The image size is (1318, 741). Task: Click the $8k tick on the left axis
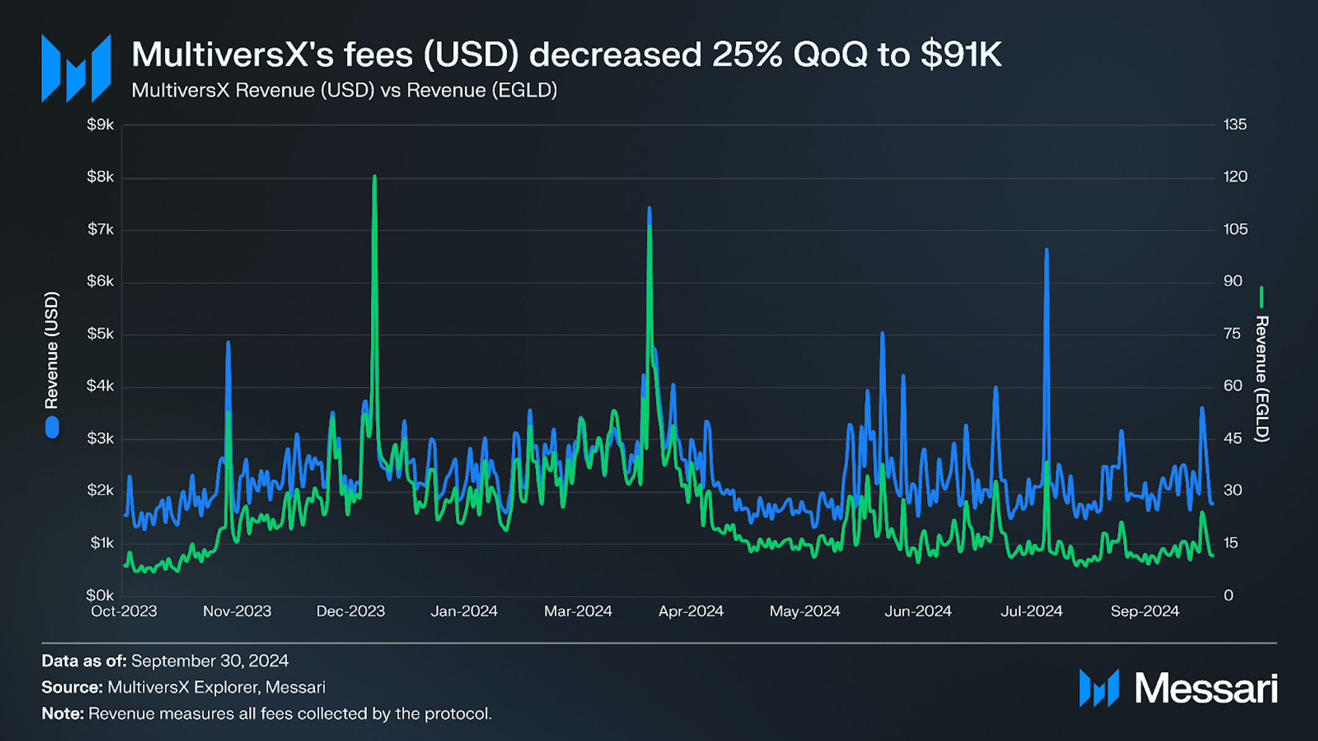click(100, 177)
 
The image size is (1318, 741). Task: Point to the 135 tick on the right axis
click(1234, 125)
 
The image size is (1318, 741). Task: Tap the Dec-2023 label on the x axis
click(350, 611)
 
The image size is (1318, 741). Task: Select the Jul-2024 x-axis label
click(1031, 611)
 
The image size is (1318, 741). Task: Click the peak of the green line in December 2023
click(374, 177)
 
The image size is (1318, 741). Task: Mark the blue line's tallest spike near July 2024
click(1046, 250)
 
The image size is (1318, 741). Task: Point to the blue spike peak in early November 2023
click(228, 343)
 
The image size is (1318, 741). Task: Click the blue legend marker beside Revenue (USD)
click(52, 427)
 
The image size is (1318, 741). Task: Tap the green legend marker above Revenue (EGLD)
click(1261, 297)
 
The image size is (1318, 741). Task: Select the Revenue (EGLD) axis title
click(1261, 378)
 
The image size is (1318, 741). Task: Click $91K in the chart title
click(961, 55)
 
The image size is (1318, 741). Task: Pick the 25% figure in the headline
click(747, 55)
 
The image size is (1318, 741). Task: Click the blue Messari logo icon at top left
click(76, 68)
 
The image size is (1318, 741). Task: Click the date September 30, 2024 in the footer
click(210, 661)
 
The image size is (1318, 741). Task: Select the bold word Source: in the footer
click(72, 688)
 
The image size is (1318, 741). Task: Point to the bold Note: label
click(62, 714)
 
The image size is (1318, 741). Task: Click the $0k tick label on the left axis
click(100, 595)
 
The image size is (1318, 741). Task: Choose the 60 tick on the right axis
click(1233, 386)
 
